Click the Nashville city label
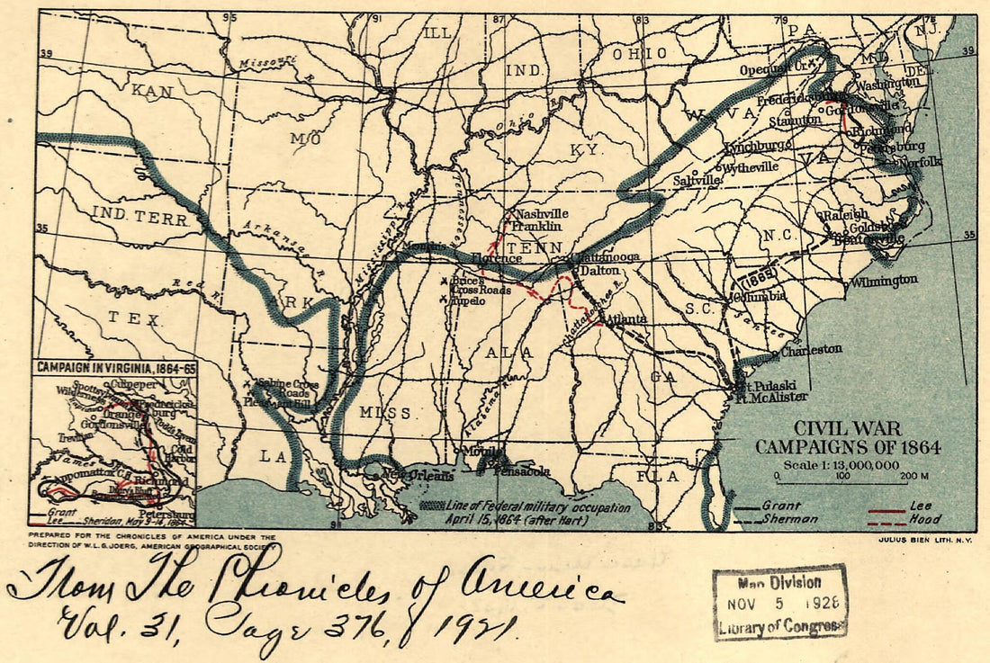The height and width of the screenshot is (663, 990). (x=542, y=214)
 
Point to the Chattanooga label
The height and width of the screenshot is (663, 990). (x=604, y=256)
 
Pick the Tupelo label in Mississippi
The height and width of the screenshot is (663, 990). (x=467, y=300)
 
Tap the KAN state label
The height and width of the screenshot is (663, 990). (x=151, y=91)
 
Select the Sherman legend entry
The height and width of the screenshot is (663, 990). (x=789, y=519)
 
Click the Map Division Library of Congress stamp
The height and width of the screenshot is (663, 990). (x=780, y=602)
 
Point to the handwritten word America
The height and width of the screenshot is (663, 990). (x=543, y=589)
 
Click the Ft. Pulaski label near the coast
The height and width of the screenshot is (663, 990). (x=760, y=385)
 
